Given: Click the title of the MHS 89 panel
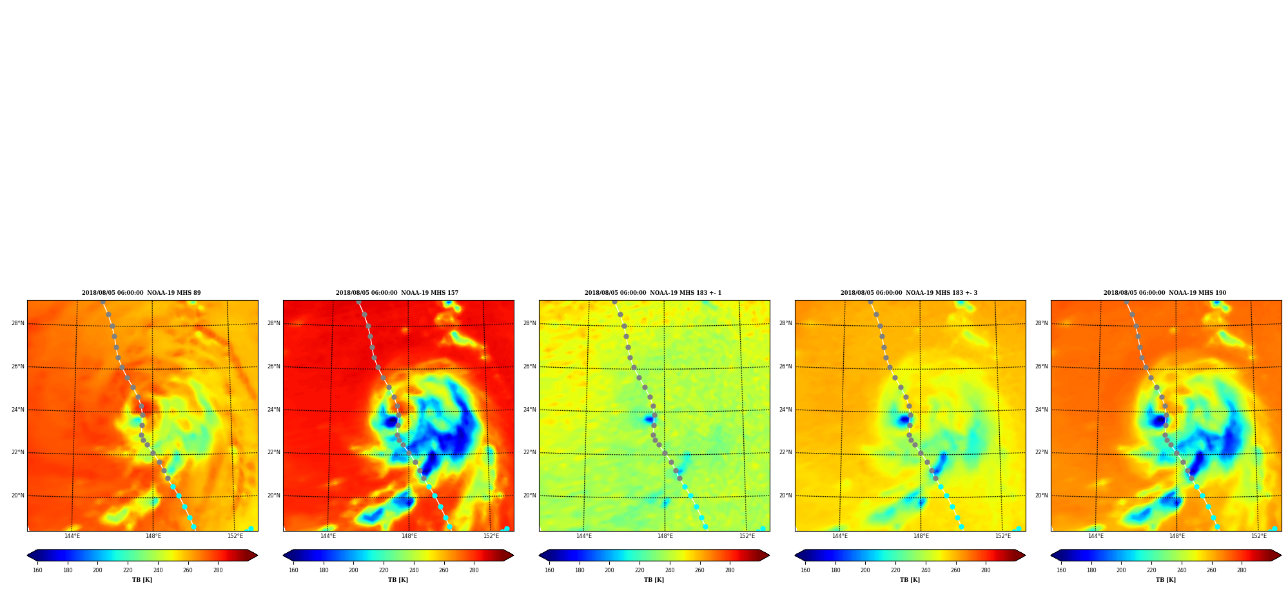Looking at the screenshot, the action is coord(141,293).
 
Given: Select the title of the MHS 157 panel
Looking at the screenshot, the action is coord(397,293).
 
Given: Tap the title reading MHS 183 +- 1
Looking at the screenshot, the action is coord(653,293).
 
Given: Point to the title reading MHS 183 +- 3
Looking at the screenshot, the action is coord(909,293).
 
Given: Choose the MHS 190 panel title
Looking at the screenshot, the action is coord(1165,293).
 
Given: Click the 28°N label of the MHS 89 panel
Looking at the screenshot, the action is coord(17,324).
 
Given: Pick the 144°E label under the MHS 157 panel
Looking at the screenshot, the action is coord(328,536).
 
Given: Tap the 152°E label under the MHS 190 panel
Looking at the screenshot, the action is coord(1259,536).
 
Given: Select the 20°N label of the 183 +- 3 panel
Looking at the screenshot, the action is coord(785,496).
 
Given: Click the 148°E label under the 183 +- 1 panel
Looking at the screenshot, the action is coord(665,536).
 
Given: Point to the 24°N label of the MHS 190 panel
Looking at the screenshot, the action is coord(1041,410).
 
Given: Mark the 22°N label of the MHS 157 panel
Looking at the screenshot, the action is coord(273,453).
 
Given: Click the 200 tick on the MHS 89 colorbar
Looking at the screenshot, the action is coord(97,570).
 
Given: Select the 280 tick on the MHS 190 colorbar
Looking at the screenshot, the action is coord(1242,570).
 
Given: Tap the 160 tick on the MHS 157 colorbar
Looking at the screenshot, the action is coord(293,570).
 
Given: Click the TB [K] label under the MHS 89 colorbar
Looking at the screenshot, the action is coord(142,580).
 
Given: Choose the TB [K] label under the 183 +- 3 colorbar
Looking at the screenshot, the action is coord(910,580).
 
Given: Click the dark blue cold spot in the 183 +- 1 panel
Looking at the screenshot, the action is coord(649,419).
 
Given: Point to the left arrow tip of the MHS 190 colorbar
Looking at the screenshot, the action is coord(1051,555).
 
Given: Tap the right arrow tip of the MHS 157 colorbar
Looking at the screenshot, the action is coord(513,555).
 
